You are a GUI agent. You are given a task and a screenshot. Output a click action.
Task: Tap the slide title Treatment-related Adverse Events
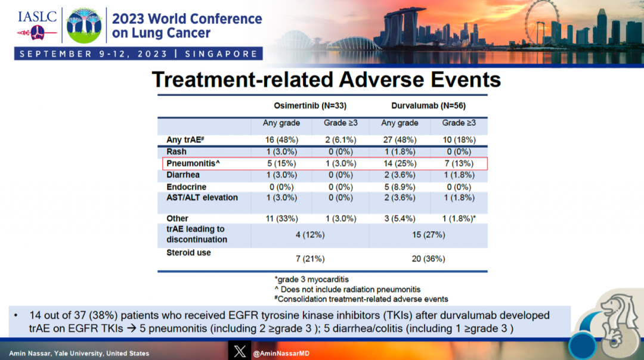point(326,79)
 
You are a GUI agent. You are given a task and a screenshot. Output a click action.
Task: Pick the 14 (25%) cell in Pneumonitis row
point(399,163)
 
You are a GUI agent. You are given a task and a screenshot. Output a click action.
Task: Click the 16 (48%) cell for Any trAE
point(281,140)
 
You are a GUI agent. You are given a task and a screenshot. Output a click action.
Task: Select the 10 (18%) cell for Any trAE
point(458,140)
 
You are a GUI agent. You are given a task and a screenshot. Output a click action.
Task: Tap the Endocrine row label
point(186,187)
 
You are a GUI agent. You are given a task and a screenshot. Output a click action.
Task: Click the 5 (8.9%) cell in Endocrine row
point(399,187)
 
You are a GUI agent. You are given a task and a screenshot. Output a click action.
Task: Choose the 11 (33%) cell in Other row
point(281,219)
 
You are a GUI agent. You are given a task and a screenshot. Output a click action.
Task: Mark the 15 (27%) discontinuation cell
point(428,235)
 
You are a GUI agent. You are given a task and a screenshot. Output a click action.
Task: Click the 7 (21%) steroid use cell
point(310,259)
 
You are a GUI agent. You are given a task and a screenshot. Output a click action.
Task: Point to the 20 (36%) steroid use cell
point(428,259)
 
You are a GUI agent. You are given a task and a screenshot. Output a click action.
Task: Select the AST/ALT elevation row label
point(202,198)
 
